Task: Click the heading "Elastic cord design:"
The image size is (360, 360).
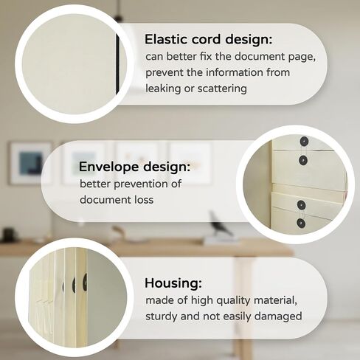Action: click(208, 39)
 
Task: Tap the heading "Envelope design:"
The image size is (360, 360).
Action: click(134, 167)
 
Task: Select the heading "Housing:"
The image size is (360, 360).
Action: click(173, 283)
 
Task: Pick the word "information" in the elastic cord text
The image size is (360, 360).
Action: click(234, 72)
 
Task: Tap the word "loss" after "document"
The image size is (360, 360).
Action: click(144, 199)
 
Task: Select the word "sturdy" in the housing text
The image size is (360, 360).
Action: click(162, 316)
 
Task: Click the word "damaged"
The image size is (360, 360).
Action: click(278, 316)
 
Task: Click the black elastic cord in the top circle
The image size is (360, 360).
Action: click(117, 64)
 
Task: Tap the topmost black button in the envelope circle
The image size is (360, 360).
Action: click(304, 142)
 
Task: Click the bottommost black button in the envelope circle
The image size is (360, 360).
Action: click(301, 223)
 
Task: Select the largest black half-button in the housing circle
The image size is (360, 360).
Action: click(85, 283)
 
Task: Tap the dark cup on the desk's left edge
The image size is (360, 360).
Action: click(9, 235)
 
